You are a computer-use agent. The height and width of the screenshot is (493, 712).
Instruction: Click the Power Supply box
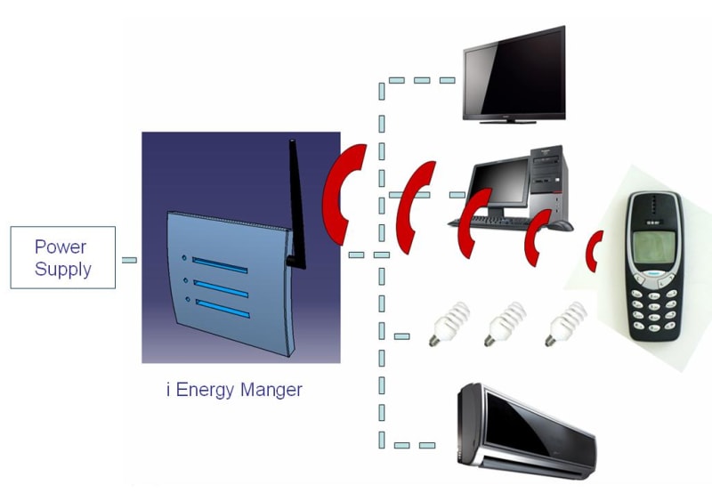[x=62, y=257]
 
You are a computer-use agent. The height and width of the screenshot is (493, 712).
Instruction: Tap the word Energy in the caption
[x=206, y=390]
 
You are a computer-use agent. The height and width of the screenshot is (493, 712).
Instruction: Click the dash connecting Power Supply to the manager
[x=129, y=259]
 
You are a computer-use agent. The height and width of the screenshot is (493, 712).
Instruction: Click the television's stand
[x=514, y=119]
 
